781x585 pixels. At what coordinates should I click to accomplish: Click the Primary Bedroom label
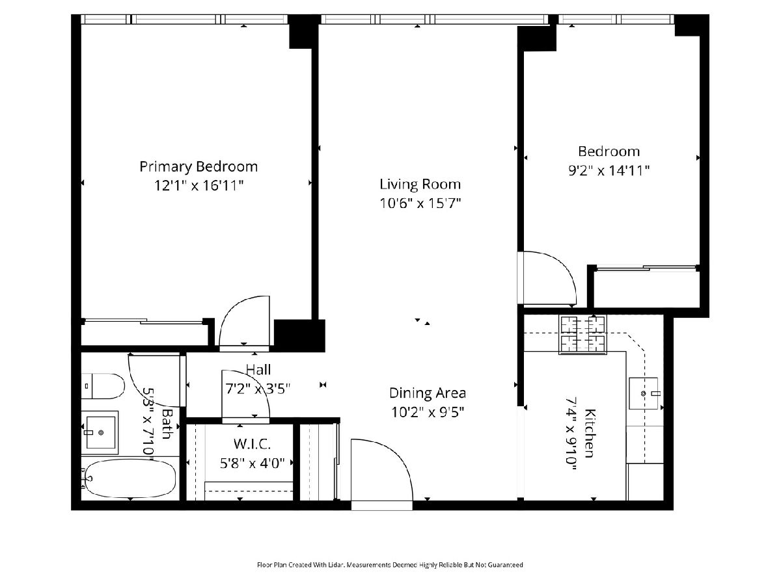point(199,166)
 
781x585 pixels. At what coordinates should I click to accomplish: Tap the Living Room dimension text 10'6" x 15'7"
point(420,203)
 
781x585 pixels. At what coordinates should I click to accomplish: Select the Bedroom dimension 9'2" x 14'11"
point(609,171)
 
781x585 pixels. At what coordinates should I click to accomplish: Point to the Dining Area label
point(428,393)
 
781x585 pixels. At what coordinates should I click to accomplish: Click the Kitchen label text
point(590,434)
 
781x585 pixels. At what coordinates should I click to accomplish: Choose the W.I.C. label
point(252,444)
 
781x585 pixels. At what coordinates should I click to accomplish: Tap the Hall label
point(258,370)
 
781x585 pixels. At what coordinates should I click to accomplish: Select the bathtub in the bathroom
point(130,478)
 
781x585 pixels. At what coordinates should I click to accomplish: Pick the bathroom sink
point(100,432)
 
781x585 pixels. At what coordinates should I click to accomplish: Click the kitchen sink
point(643,393)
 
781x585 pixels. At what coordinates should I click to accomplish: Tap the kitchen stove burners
point(582,335)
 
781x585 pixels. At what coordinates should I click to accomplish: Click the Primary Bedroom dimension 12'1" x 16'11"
point(199,185)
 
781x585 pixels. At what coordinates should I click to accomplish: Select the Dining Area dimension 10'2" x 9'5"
point(428,412)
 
